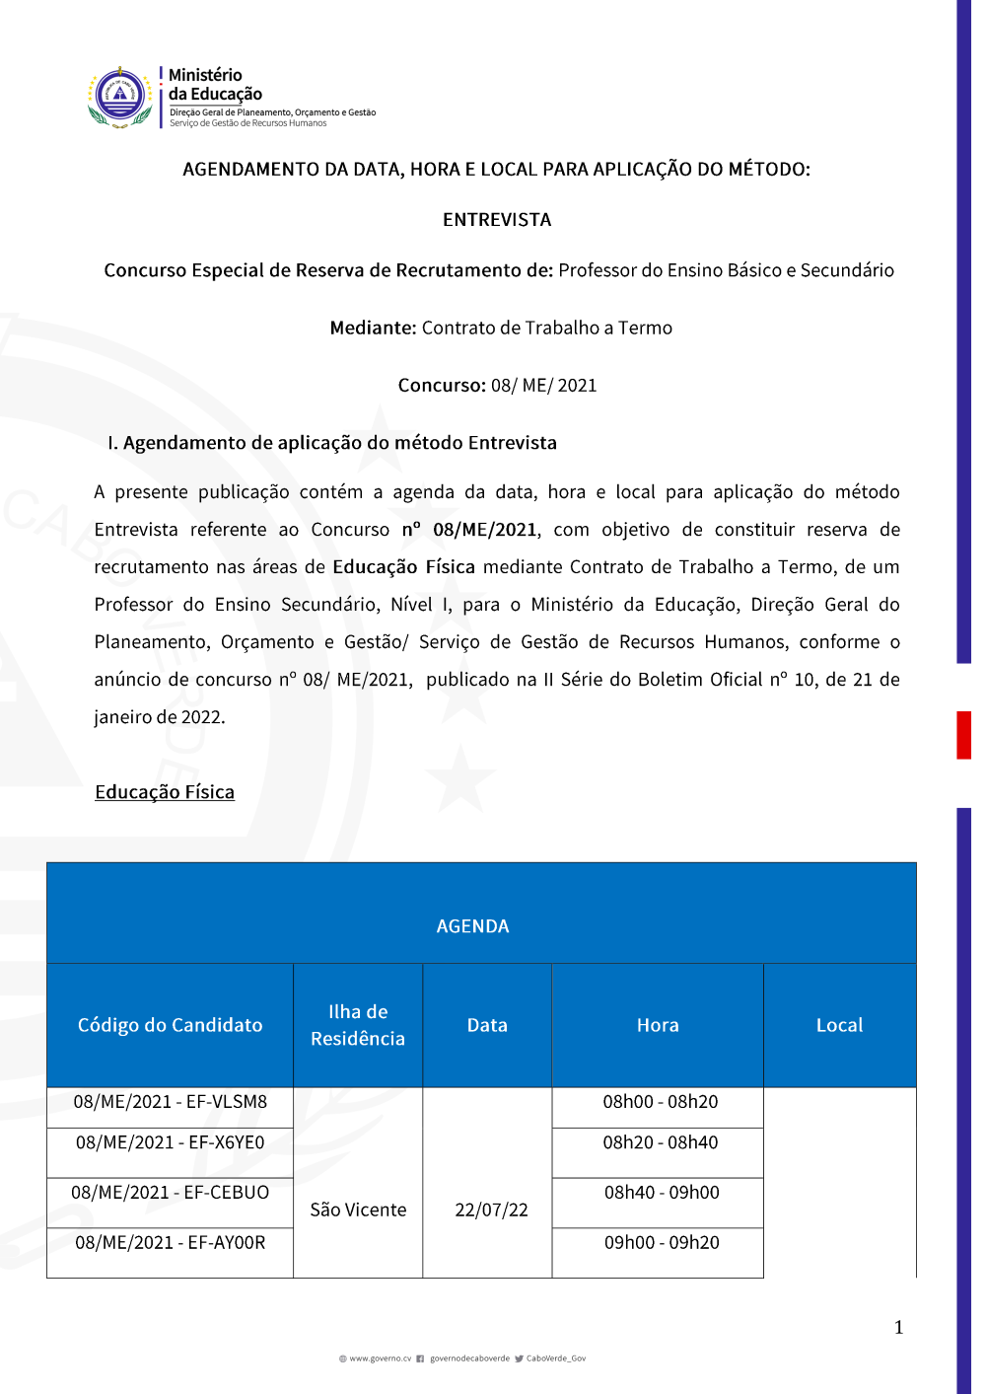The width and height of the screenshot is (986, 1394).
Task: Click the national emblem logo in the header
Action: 119,97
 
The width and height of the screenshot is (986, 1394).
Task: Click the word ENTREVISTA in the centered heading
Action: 497,220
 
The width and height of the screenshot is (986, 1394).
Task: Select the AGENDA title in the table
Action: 473,926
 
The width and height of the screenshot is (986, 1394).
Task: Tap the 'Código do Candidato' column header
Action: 171,1025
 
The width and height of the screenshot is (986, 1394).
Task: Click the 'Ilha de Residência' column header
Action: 358,1025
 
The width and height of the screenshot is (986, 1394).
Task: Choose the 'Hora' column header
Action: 658,1025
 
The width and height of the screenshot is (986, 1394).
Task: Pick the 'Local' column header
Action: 839,1025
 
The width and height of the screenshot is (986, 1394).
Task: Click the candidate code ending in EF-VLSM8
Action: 171,1102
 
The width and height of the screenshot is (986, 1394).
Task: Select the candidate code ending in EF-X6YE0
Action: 171,1142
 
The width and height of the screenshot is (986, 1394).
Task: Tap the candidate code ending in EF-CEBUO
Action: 171,1193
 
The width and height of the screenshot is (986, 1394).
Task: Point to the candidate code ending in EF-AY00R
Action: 171,1243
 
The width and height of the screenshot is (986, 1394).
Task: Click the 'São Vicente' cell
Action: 358,1210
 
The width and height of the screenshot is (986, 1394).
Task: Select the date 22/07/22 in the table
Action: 491,1210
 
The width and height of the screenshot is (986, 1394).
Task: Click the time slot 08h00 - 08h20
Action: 661,1102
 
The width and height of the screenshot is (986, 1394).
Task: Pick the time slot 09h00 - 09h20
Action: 662,1243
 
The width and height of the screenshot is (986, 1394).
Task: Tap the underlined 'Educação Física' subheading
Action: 165,792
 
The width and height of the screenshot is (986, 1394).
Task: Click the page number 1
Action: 898,1327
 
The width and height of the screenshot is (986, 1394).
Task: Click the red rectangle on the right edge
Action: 963,735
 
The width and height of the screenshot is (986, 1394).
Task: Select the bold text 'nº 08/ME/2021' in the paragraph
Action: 469,530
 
